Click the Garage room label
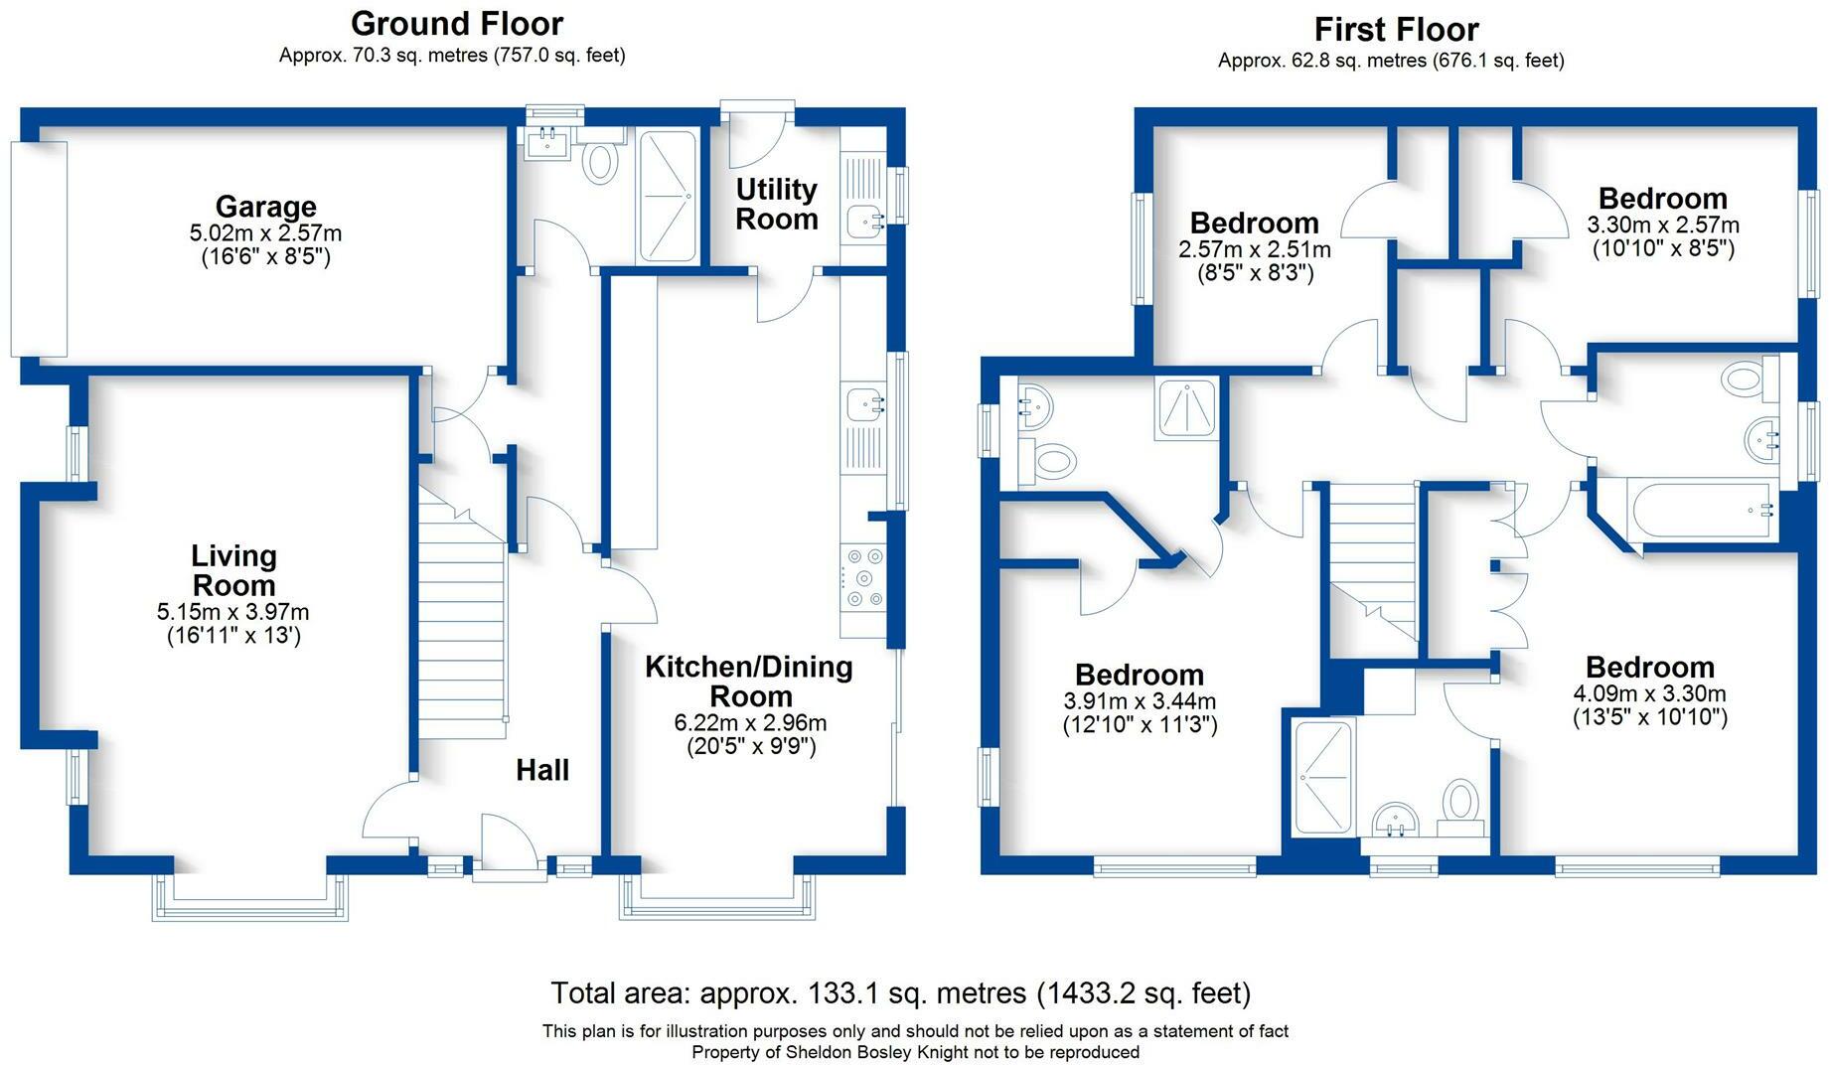[265, 207]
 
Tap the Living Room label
[233, 570]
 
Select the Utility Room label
[776, 204]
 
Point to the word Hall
[542, 770]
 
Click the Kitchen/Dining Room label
[749, 681]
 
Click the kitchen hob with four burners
[863, 578]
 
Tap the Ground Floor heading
[456, 24]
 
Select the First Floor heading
[1396, 30]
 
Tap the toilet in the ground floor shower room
[599, 162]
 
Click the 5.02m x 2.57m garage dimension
[265, 233]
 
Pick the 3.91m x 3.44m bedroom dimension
[1140, 701]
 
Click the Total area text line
[900, 992]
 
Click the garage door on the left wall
[39, 248]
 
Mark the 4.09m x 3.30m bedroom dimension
[1649, 693]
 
